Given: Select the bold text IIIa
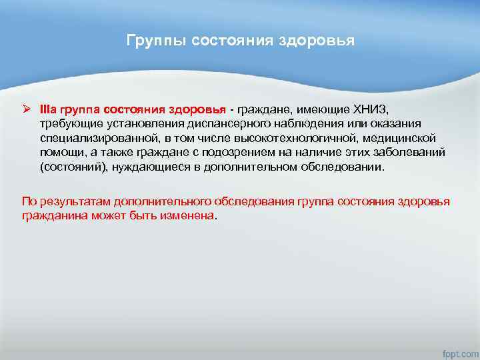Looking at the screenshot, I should click(x=49, y=109).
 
